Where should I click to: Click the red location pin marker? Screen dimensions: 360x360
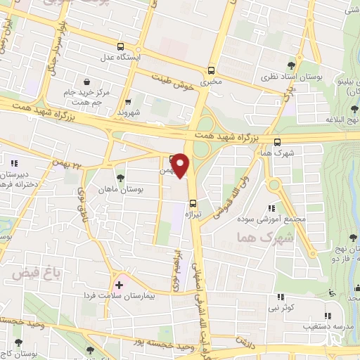pyautogui.click(x=181, y=166)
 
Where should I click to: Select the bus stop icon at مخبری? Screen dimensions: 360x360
pyautogui.click(x=211, y=70)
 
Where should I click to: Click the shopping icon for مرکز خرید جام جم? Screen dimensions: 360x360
pyautogui.click(x=86, y=82)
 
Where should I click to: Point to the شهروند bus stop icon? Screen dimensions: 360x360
pyautogui.click(x=127, y=101)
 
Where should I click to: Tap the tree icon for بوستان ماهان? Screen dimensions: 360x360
pyautogui.click(x=120, y=179)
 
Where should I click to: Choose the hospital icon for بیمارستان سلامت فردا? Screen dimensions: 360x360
pyautogui.click(x=119, y=285)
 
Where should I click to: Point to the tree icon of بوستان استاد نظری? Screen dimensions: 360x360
pyautogui.click(x=290, y=65)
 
